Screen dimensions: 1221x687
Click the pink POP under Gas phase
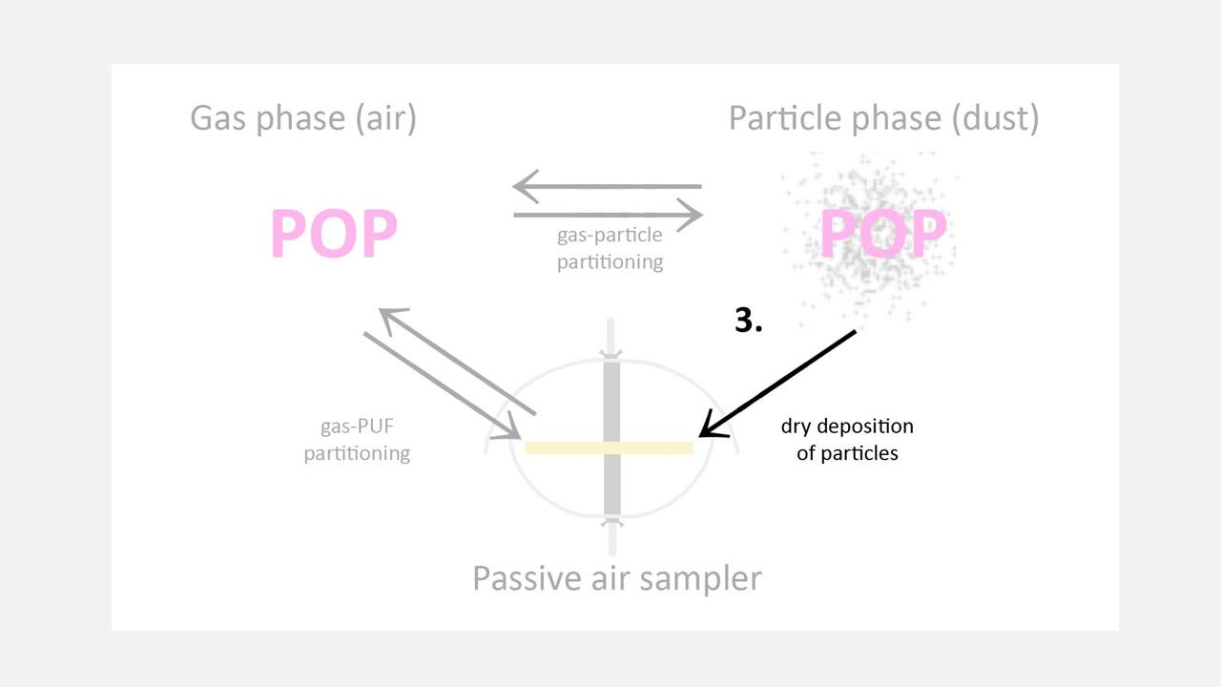tap(334, 233)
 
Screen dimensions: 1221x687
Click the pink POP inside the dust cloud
tap(883, 233)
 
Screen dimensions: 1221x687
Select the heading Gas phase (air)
tap(303, 118)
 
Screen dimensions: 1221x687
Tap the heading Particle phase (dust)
tap(883, 118)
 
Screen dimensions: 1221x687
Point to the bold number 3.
tap(749, 320)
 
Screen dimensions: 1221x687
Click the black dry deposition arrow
tap(777, 384)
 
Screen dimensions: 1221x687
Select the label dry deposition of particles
tap(847, 440)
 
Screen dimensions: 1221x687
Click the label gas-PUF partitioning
tap(357, 440)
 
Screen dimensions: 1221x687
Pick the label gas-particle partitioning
tap(610, 248)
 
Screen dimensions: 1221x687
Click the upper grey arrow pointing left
tap(607, 186)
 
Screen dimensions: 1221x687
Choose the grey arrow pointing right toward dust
tap(609, 215)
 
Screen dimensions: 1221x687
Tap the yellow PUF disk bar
tap(609, 448)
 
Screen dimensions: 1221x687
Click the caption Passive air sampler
tap(617, 579)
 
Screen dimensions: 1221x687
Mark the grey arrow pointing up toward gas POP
tap(457, 362)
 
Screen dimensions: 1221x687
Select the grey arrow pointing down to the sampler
tap(442, 385)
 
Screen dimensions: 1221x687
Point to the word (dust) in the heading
tap(995, 118)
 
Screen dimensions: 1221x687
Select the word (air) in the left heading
tap(386, 118)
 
